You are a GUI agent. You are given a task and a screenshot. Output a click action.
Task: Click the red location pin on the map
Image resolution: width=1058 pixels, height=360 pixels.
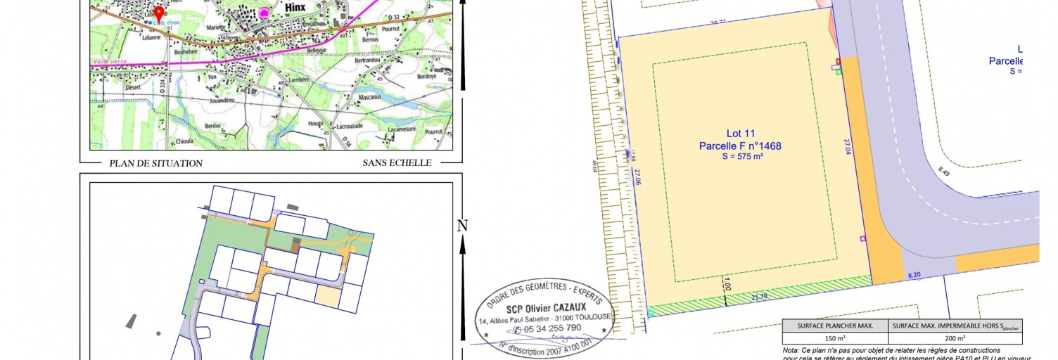[159, 13]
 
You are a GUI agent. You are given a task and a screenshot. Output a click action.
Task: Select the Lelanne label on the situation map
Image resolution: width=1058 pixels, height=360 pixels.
[152, 38]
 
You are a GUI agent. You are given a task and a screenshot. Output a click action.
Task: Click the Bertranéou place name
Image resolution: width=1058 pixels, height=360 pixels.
[371, 61]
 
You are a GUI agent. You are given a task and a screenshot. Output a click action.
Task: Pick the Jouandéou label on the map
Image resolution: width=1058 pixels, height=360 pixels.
[221, 101]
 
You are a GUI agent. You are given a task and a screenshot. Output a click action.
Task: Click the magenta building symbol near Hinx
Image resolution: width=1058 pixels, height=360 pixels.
[265, 12]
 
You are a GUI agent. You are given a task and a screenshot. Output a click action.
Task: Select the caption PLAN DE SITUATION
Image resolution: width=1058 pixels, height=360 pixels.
[155, 163]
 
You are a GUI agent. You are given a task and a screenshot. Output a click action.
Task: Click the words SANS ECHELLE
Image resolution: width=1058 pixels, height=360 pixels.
[397, 163]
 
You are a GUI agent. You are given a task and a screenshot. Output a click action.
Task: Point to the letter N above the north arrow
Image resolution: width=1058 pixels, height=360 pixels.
[462, 226]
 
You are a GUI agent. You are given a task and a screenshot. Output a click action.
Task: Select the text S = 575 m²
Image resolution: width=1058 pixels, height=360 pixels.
[740, 157]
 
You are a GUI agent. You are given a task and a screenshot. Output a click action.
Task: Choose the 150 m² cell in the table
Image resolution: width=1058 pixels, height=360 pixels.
[835, 337]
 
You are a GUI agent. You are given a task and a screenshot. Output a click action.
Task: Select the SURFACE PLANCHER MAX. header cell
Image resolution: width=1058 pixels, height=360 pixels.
[835, 326]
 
